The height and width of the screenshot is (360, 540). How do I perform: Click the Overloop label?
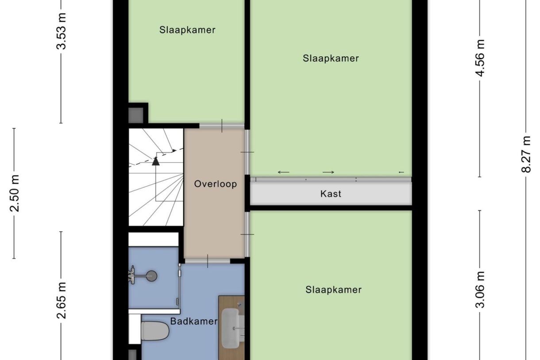coord(215,184)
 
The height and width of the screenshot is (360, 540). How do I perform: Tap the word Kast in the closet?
coord(331,194)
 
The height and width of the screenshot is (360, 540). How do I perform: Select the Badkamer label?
coord(194,321)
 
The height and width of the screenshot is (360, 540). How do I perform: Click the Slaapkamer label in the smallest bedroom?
coord(187,30)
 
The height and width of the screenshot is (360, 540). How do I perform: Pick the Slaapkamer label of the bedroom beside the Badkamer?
coord(333,290)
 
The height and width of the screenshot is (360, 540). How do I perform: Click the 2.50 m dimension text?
coord(15,194)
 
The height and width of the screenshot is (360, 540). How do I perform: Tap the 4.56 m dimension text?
coord(480,58)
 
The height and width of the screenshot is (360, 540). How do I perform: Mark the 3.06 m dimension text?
coord(480,290)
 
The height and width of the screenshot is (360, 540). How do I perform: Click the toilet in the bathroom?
coord(154,331)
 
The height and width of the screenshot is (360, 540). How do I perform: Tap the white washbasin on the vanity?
coord(230,328)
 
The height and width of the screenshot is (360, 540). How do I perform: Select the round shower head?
coord(152,276)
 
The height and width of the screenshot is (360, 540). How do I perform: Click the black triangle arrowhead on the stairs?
coord(155,161)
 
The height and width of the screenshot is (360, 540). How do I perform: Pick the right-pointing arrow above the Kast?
coord(328,172)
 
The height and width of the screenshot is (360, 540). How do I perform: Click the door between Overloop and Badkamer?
coord(207,261)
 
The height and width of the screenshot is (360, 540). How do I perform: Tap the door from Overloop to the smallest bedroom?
coord(221,126)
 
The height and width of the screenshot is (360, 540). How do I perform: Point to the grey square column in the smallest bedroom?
coord(135,115)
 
